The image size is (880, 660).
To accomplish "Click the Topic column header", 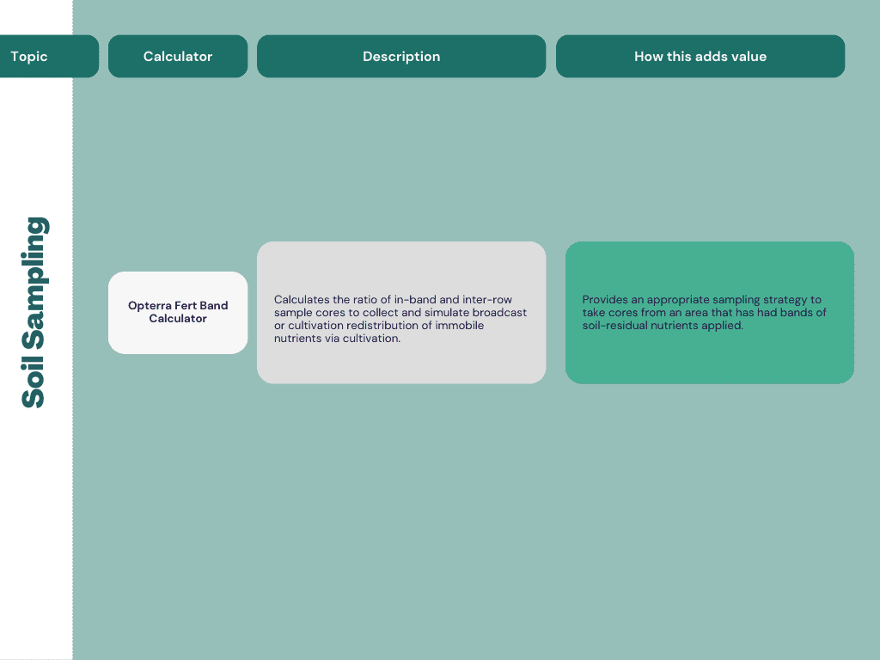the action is [x=29, y=57].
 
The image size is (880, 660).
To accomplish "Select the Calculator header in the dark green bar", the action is [x=178, y=57].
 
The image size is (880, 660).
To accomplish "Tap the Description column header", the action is [x=401, y=57].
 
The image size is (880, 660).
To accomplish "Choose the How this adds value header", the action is [x=700, y=57].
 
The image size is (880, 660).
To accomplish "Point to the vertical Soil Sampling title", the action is [x=34, y=312].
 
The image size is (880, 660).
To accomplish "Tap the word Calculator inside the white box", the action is [x=178, y=319].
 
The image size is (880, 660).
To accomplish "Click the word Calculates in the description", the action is [x=302, y=300].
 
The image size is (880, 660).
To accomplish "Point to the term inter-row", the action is [x=487, y=300].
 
